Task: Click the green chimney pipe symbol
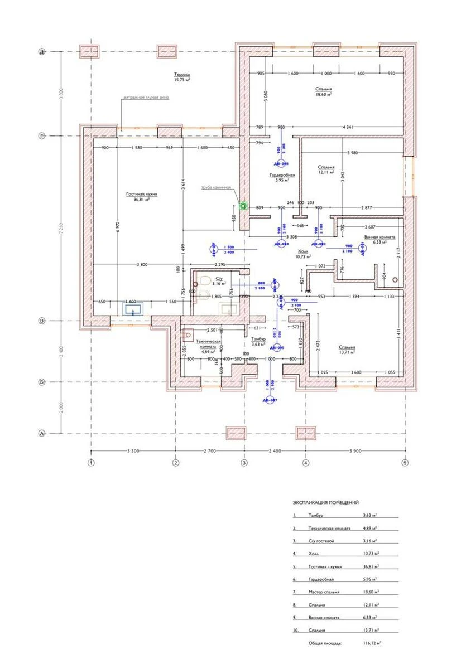(x=243, y=206)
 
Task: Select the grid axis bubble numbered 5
(x=405, y=462)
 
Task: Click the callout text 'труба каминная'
(x=216, y=187)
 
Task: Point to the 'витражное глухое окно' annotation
(x=146, y=97)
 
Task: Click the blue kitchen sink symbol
(x=133, y=308)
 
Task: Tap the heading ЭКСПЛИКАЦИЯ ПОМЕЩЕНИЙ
(x=325, y=502)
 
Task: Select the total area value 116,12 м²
(x=372, y=643)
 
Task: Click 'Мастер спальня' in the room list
(x=324, y=592)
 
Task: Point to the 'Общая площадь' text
(x=325, y=643)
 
